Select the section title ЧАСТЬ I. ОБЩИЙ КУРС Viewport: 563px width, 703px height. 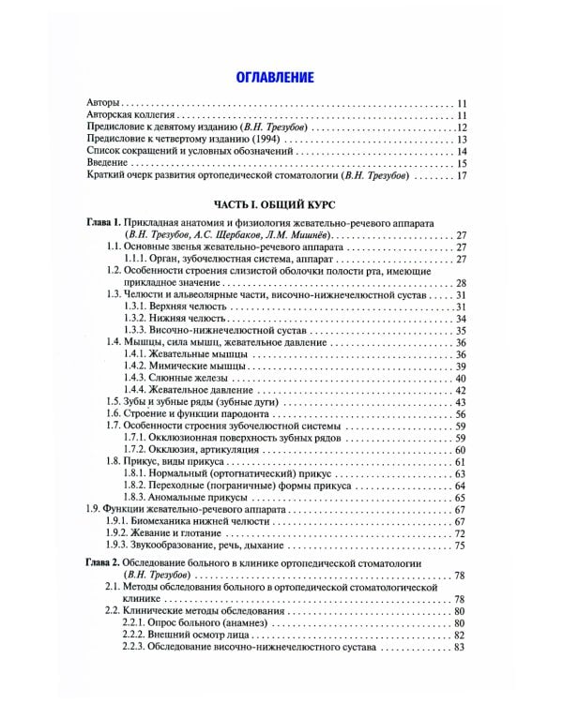click(273, 203)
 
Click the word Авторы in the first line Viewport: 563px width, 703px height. click(102, 103)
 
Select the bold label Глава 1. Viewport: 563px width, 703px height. click(101, 222)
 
